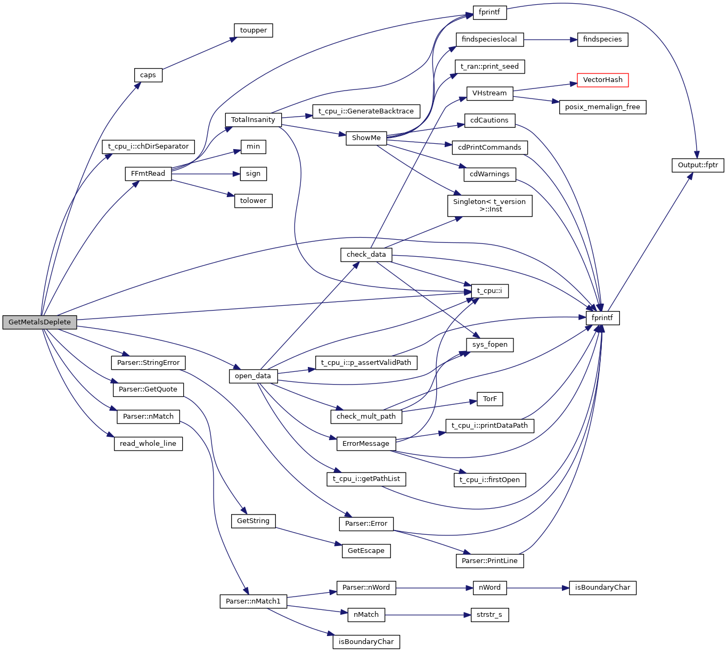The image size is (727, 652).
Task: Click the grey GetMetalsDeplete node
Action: pyautogui.click(x=39, y=322)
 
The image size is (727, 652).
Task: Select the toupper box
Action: pyautogui.click(x=253, y=30)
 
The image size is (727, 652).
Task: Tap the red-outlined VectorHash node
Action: pyautogui.click(x=602, y=80)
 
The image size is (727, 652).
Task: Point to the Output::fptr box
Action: pyautogui.click(x=697, y=165)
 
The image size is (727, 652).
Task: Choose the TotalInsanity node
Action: pyautogui.click(x=253, y=120)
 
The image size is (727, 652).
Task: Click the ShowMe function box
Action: pyautogui.click(x=366, y=138)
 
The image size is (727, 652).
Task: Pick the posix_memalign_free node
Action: pyautogui.click(x=602, y=107)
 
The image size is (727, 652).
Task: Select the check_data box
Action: pyautogui.click(x=366, y=255)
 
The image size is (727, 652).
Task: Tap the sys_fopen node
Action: pyautogui.click(x=489, y=345)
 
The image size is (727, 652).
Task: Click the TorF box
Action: pyautogui.click(x=489, y=399)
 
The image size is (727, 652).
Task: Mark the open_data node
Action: pyautogui.click(x=253, y=376)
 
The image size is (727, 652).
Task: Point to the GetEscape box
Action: pyautogui.click(x=366, y=551)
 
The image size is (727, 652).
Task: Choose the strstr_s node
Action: pyautogui.click(x=489, y=615)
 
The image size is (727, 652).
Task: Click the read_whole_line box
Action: pyautogui.click(x=148, y=444)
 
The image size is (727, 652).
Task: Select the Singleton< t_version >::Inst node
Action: pyautogui.click(x=489, y=206)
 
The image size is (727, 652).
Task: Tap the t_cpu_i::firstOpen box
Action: pyautogui.click(x=489, y=480)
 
